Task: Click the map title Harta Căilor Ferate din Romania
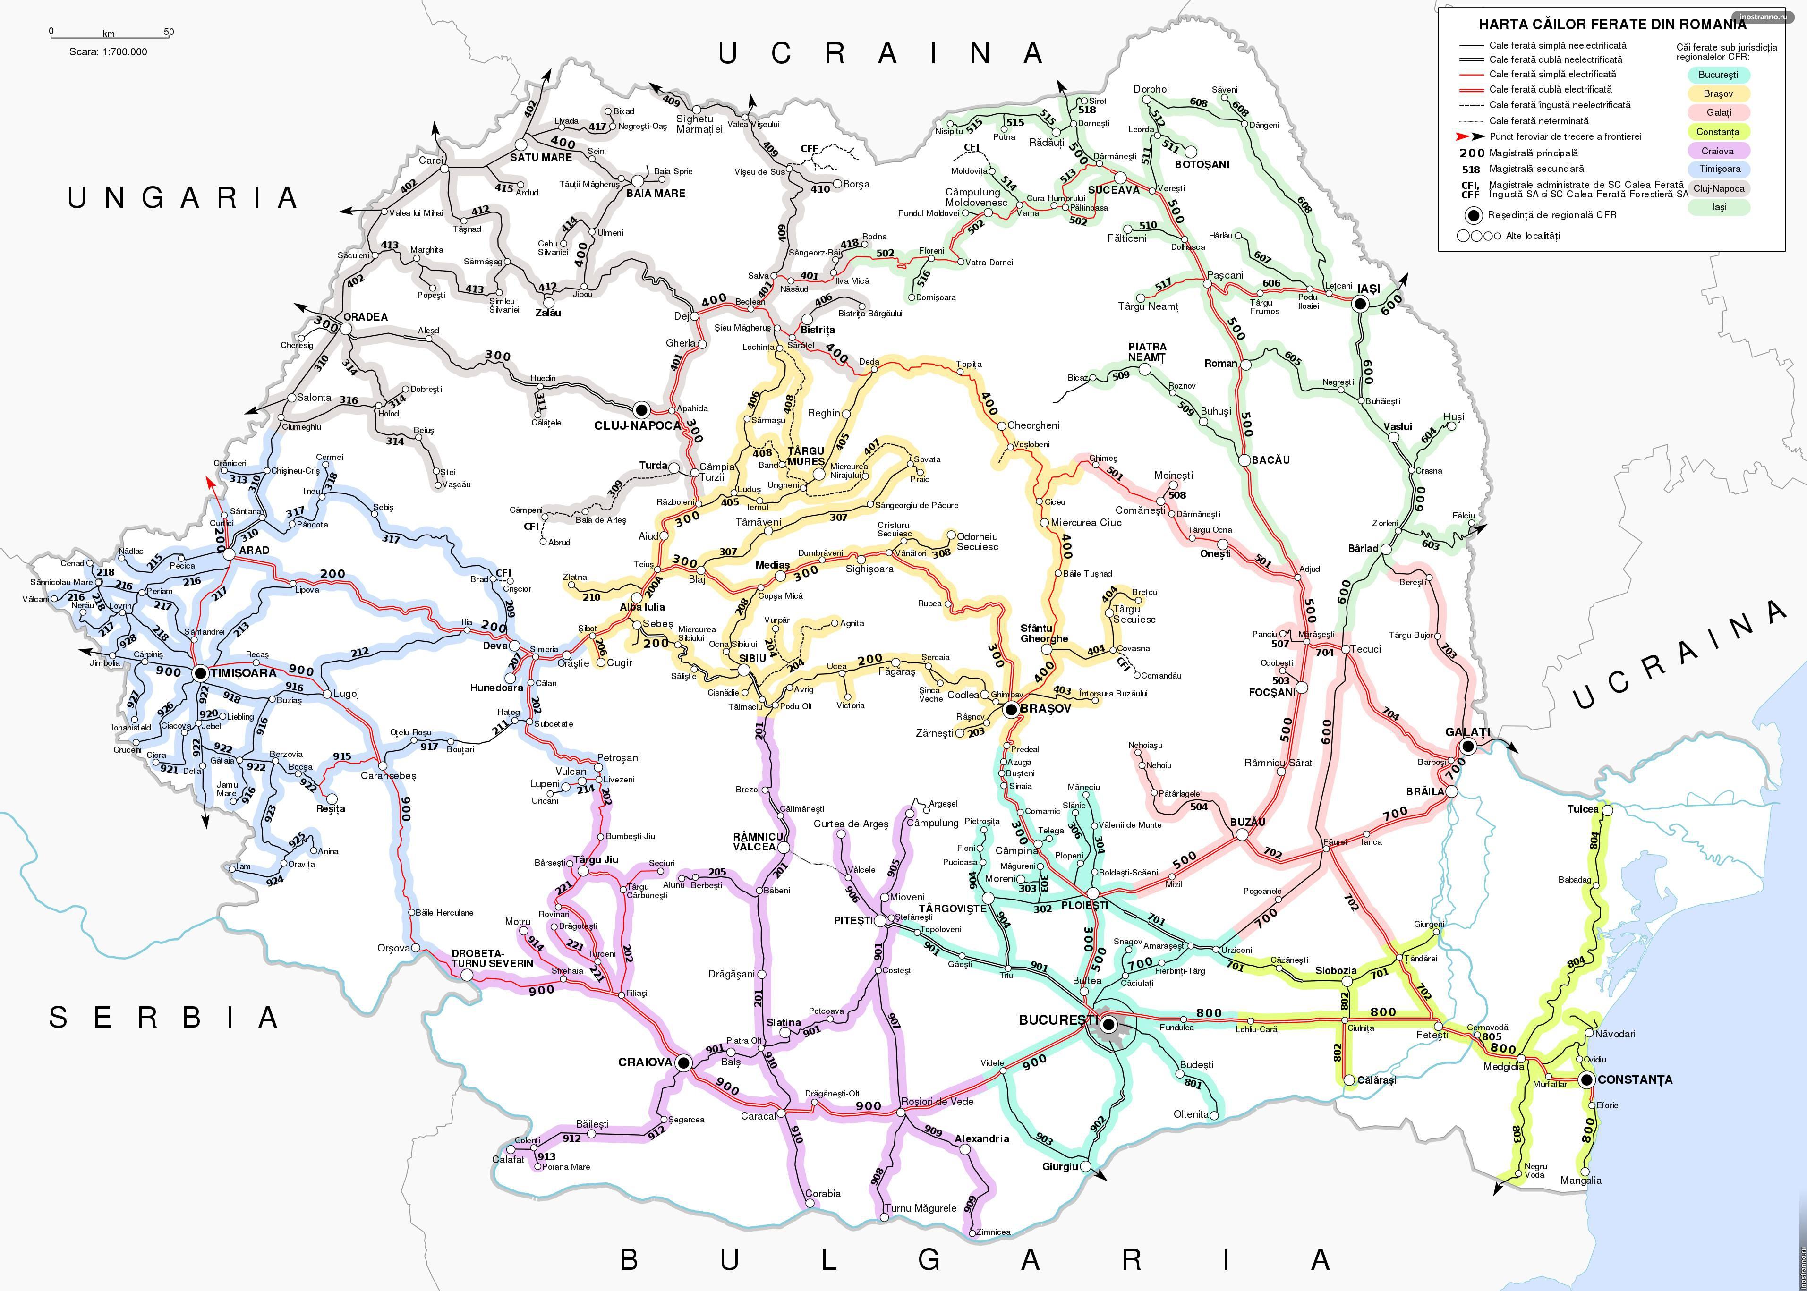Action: pos(1612,25)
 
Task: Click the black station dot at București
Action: pos(1108,1023)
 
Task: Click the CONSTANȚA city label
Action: pos(1635,1079)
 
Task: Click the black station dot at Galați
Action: pos(1468,746)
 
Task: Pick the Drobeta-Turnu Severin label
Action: pos(492,958)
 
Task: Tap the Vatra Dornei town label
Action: pos(989,263)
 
